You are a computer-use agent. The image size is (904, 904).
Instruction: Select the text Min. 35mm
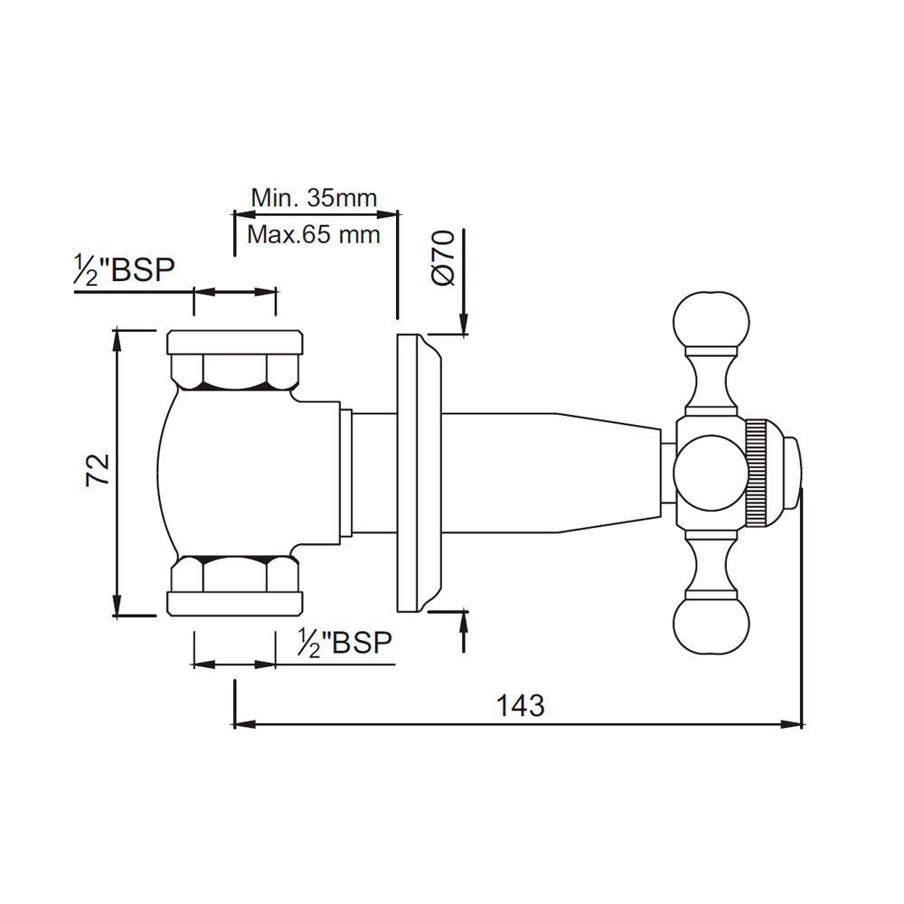(x=314, y=197)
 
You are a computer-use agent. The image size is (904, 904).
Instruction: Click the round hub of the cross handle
(x=711, y=470)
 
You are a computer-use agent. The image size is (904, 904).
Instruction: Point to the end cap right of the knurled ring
(x=791, y=470)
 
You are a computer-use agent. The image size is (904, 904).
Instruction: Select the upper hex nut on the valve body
(x=235, y=371)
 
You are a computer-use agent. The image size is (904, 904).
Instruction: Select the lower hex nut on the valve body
(x=235, y=574)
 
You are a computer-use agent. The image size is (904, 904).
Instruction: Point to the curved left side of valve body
(x=161, y=470)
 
